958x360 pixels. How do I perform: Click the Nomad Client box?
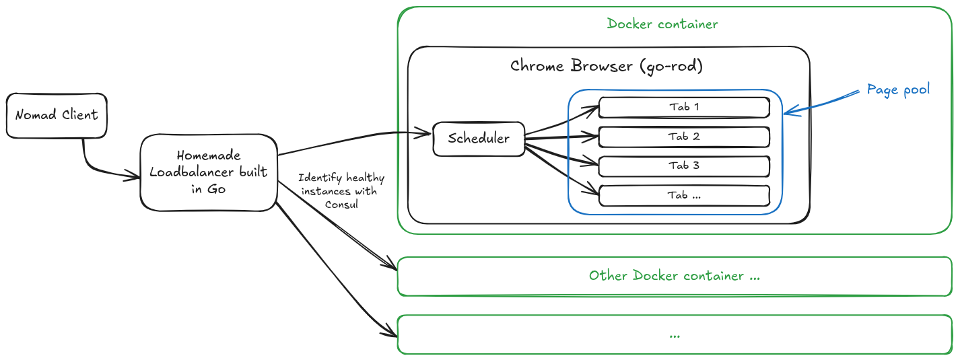click(x=57, y=115)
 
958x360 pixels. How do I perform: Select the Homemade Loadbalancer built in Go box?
click(x=209, y=172)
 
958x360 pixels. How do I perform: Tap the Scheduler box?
click(x=478, y=139)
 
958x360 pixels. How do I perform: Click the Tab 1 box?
click(x=684, y=107)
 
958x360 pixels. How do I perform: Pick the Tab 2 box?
click(x=684, y=137)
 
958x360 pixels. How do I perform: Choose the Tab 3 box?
click(x=684, y=166)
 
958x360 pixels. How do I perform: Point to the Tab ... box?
click(x=684, y=195)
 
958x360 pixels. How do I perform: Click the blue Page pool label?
click(x=898, y=89)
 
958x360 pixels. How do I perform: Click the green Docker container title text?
click(x=662, y=24)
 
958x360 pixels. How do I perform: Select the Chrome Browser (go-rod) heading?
click(x=607, y=66)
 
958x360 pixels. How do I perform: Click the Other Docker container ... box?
click(x=675, y=276)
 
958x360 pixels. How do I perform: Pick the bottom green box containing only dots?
click(x=675, y=334)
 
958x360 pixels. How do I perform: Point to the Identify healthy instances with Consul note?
click(x=342, y=190)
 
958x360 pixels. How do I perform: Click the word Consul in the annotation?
click(x=341, y=204)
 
